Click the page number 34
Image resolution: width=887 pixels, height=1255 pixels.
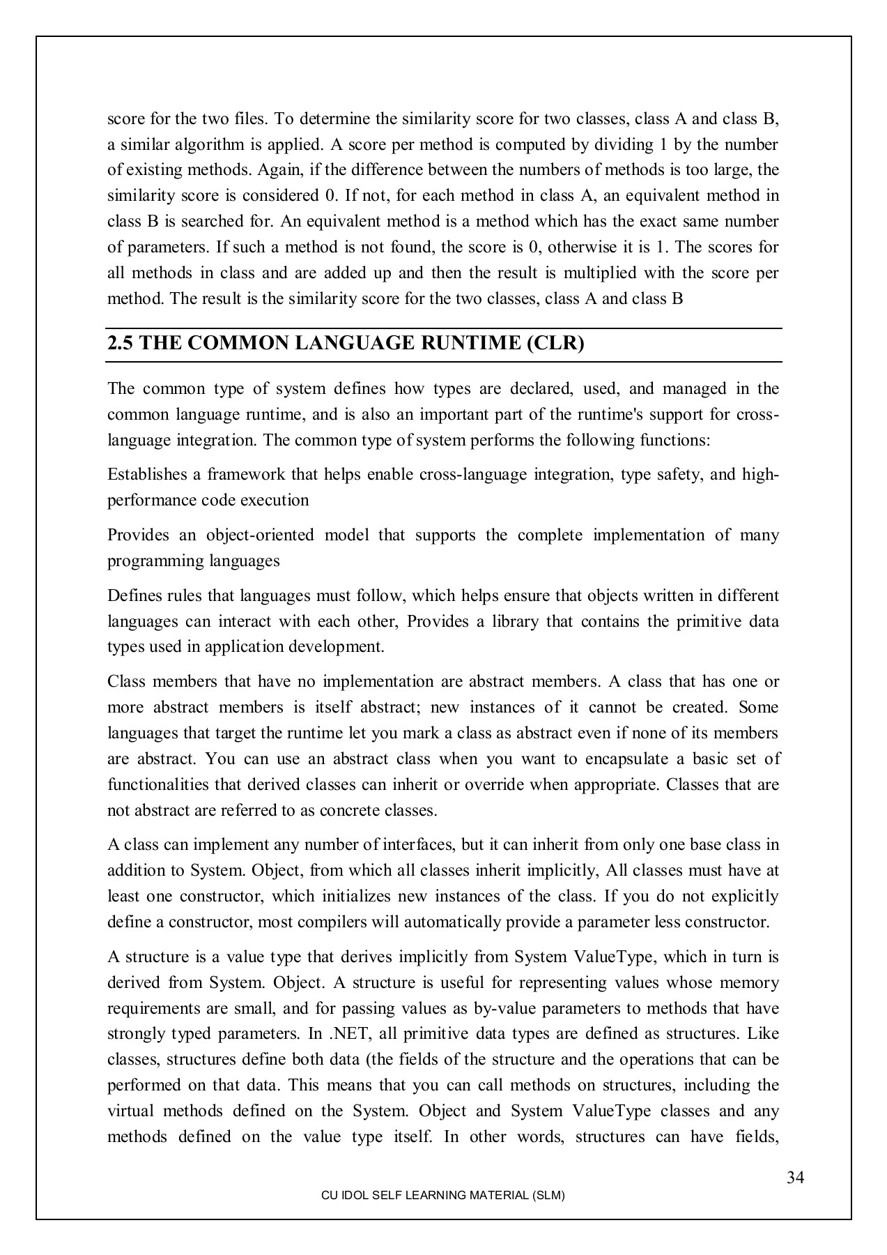click(x=795, y=1178)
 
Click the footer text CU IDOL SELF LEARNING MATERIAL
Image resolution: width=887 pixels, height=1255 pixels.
click(x=442, y=1195)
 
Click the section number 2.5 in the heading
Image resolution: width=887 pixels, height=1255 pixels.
click(x=120, y=344)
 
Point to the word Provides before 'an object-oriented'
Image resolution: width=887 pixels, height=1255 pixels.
click(x=138, y=535)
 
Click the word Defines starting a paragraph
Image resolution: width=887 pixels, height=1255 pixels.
click(x=134, y=596)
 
